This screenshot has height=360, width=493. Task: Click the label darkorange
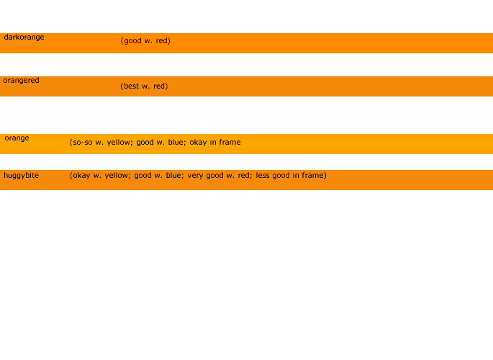pos(24,37)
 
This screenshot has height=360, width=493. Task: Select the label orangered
pos(21,81)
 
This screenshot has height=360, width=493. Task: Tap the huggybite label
pos(21,176)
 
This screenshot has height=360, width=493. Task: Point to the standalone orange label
pos(17,138)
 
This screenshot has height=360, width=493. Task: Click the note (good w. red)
pos(145,41)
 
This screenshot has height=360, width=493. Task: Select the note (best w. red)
pos(144,86)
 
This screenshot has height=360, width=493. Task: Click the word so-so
pos(83,143)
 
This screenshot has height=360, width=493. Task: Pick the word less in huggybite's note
pos(263,175)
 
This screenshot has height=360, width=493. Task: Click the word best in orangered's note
pos(131,86)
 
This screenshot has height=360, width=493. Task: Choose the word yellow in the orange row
pos(119,143)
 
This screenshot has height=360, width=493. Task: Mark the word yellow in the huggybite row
pos(117,176)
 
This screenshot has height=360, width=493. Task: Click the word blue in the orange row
pos(177,142)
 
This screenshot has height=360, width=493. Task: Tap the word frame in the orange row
pos(230,142)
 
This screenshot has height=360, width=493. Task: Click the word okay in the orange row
pos(198,143)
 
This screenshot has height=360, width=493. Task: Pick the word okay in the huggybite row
pos(81,176)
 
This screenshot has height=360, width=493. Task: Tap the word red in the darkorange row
pos(163,41)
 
